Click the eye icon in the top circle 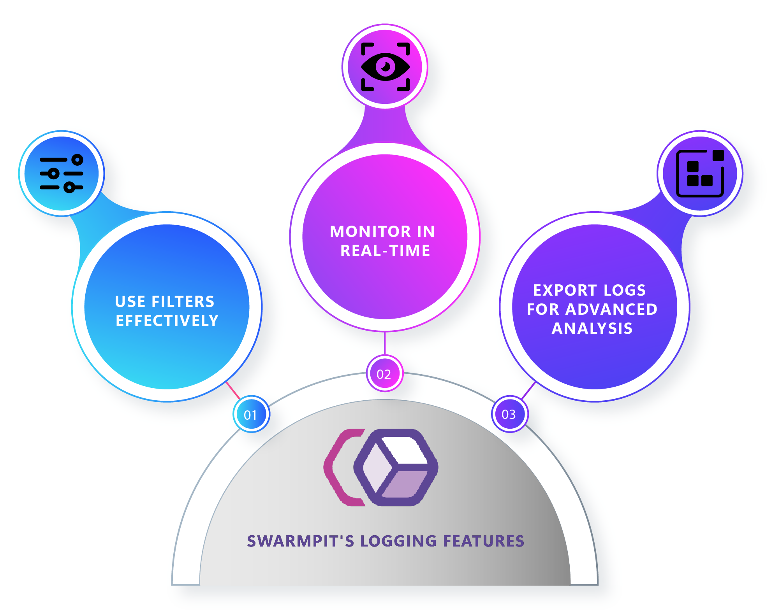[385, 67]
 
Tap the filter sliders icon [62, 173]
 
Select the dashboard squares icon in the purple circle [700, 173]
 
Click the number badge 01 [251, 415]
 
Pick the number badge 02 [384, 374]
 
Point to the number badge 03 [509, 414]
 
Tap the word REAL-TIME [385, 251]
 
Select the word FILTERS [183, 302]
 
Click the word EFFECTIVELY [167, 321]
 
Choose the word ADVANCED [611, 310]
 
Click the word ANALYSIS [592, 329]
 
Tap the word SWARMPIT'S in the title [300, 541]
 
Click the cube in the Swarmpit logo [396, 467]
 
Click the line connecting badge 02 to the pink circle [385, 343]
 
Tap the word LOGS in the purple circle [624, 291]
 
